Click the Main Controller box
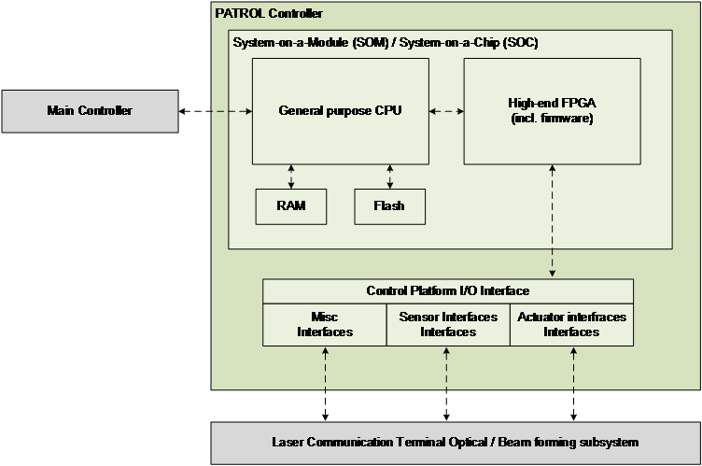tap(90, 111)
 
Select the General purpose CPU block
tap(341, 110)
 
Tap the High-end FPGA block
tap(552, 110)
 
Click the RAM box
tap(291, 205)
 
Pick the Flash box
tap(389, 205)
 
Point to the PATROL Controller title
tap(269, 14)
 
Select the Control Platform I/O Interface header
tap(448, 291)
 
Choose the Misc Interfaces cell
tap(325, 324)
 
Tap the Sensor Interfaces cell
tap(448, 324)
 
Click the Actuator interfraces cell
tap(571, 324)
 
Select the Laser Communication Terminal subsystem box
tap(455, 443)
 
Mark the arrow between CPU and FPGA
tap(446, 111)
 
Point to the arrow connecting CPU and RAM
tap(291, 175)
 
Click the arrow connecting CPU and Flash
tap(389, 175)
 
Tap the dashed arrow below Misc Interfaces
tap(325, 368)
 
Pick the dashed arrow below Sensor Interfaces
tap(448, 368)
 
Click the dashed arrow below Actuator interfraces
tap(572, 368)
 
